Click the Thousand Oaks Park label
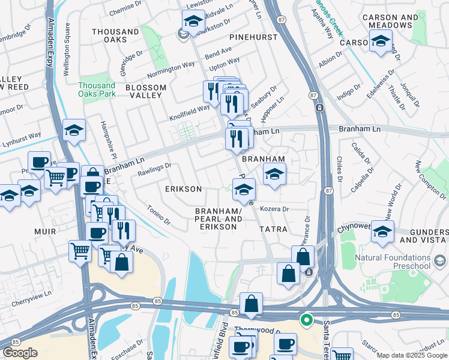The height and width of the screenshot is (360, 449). (96, 89)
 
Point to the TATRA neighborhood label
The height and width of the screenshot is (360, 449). (273, 230)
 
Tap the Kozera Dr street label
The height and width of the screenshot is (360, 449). (275, 209)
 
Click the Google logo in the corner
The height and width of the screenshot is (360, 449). (20, 353)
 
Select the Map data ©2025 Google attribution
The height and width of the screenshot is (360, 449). (412, 355)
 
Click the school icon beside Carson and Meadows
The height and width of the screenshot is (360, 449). (381, 42)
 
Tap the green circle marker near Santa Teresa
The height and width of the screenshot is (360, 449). (306, 320)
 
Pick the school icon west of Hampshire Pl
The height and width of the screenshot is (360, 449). (73, 131)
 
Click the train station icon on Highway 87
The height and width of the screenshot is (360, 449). (319, 108)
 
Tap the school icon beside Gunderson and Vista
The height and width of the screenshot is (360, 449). (382, 231)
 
